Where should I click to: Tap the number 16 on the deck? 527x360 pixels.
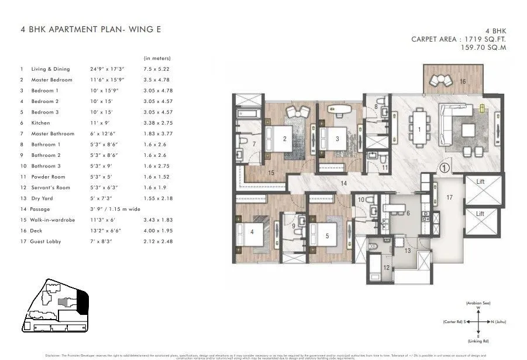[x=462, y=81]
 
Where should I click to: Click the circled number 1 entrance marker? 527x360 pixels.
[x=444, y=167]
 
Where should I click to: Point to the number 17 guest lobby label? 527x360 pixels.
[x=449, y=198]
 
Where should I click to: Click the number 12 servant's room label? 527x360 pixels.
[x=386, y=268]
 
